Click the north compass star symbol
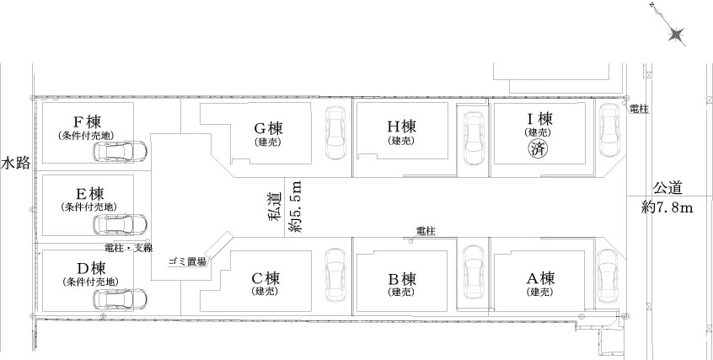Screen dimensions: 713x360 click(676, 35)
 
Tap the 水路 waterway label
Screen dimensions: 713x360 click(16, 163)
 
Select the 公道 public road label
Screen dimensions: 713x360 click(667, 188)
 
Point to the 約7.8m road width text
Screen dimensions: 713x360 click(667, 208)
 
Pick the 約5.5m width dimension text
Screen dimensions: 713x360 click(296, 207)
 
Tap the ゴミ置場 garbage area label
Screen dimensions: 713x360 click(187, 261)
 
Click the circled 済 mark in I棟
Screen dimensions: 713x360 click(538, 149)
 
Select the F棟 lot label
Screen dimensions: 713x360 click(87, 122)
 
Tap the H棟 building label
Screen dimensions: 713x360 click(401, 126)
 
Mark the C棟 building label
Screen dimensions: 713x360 click(265, 277)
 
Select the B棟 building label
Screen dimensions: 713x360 click(402, 277)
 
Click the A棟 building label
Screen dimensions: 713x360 click(540, 277)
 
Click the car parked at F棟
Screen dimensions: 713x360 click(120, 152)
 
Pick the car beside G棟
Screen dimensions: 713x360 click(335, 133)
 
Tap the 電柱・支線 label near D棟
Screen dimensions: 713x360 click(129, 249)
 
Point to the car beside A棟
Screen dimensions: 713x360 click(608, 276)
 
